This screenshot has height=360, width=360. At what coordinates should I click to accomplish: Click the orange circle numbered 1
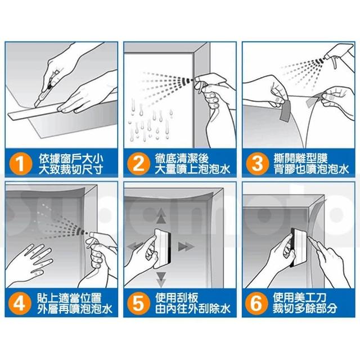[21, 164]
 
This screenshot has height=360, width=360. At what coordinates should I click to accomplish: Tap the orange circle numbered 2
[139, 164]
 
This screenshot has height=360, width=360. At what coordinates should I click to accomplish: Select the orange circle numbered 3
[258, 164]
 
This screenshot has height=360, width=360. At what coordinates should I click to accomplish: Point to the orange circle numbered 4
[20, 304]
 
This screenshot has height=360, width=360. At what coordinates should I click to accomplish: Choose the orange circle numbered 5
[139, 304]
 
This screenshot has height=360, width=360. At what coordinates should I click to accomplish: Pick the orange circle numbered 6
[256, 304]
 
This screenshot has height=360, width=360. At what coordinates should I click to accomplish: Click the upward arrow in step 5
[161, 216]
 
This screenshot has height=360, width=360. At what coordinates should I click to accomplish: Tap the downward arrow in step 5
[161, 280]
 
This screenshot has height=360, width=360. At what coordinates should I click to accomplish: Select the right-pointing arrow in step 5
[186, 247]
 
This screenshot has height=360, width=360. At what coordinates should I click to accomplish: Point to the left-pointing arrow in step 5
[136, 246]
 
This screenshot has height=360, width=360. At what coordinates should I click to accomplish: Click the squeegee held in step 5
[163, 247]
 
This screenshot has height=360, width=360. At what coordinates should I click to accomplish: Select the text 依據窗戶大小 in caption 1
[71, 159]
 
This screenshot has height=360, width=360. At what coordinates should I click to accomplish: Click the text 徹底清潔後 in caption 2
[182, 159]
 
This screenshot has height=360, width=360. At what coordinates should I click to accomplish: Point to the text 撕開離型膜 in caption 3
[300, 158]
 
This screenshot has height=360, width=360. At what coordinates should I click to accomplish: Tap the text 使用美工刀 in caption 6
[300, 298]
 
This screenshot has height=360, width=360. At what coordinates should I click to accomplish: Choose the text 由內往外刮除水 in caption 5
[192, 309]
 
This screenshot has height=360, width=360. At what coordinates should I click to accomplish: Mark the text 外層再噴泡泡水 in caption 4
[75, 309]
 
